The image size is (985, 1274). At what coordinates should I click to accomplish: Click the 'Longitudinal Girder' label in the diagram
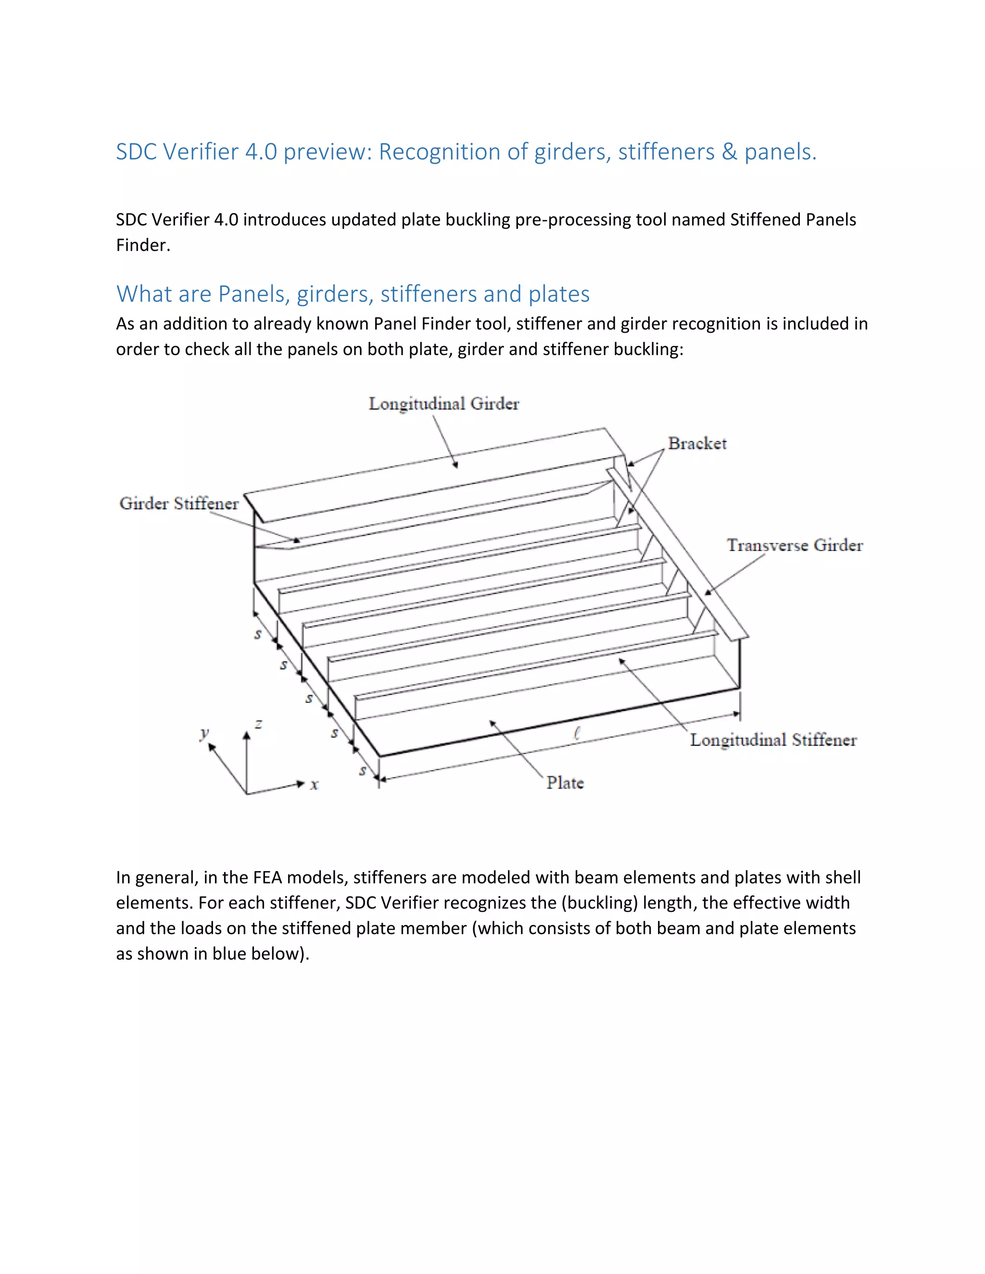click(443, 404)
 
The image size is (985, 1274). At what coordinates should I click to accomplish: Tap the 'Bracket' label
click(697, 443)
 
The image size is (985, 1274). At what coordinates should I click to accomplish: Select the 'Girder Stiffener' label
click(178, 503)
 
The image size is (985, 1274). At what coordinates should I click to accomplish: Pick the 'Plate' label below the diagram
click(564, 783)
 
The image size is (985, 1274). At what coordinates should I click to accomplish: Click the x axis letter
click(315, 785)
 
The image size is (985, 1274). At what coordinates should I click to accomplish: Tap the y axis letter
click(203, 733)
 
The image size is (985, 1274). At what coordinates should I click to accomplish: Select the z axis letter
click(258, 724)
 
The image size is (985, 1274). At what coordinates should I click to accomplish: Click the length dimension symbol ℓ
click(577, 733)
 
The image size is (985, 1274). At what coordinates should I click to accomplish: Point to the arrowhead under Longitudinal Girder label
click(456, 465)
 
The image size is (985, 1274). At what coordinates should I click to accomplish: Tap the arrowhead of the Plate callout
click(492, 724)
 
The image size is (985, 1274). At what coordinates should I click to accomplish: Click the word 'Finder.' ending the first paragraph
click(143, 245)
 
